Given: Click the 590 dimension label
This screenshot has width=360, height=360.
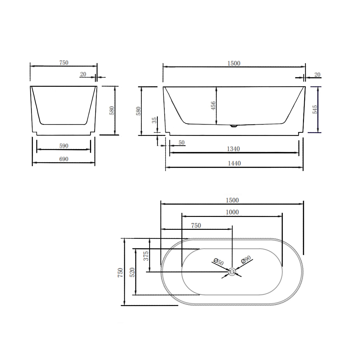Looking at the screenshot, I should click(64, 146).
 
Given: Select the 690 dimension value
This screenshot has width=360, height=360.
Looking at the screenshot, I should click(64, 159).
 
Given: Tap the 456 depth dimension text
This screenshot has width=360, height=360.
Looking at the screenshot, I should click(213, 106).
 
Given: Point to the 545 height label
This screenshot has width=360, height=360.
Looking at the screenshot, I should click(315, 109).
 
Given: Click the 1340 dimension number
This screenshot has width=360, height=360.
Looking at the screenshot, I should click(234, 149).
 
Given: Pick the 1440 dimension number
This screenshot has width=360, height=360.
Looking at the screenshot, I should click(234, 163).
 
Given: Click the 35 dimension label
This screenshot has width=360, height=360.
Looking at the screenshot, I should click(154, 120).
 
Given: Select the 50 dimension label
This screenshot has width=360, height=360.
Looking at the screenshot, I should click(181, 142).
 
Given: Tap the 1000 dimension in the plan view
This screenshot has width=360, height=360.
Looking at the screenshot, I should click(232, 212).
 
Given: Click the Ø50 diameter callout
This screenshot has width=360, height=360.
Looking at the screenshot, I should click(218, 261).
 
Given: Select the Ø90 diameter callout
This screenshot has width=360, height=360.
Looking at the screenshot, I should click(246, 260).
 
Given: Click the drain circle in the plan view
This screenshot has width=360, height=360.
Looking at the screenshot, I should click(232, 272).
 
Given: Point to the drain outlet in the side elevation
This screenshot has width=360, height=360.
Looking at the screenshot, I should click(234, 126).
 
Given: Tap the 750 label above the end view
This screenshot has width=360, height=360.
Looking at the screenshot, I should click(64, 63).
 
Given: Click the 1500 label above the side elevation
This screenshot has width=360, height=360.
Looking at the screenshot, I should click(234, 63).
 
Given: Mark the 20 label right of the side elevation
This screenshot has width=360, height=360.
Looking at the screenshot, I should click(317, 74).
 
